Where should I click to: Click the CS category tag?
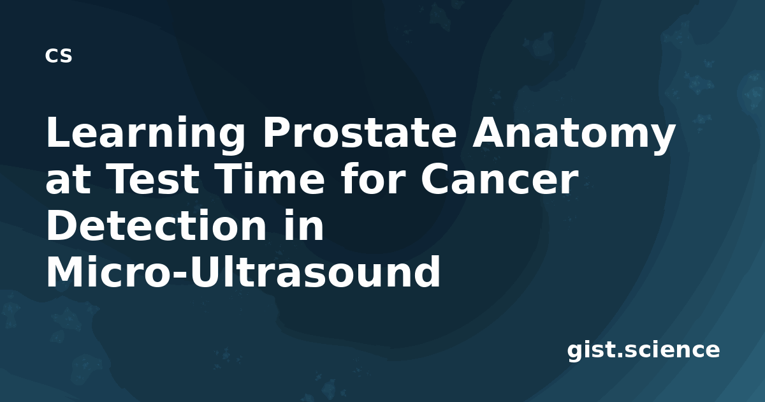tap(59, 56)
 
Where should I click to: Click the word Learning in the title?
tap(145, 134)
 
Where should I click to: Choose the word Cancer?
tap(499, 179)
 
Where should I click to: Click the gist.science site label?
tap(643, 350)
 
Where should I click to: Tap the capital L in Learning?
tap(59, 132)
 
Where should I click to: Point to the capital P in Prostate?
tap(275, 132)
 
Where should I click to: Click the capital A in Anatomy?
tap(488, 132)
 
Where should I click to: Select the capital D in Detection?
tap(61, 225)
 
